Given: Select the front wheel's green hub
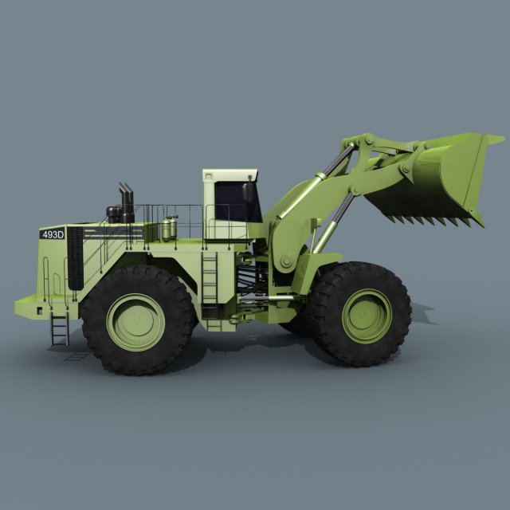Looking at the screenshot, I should (366, 315).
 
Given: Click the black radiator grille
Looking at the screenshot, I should (75, 257).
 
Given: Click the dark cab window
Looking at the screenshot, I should (238, 202).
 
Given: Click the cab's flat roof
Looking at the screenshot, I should (230, 172).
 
